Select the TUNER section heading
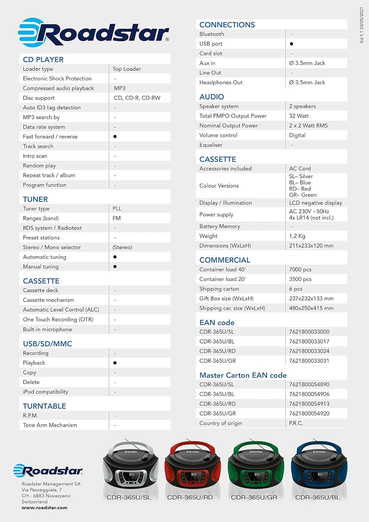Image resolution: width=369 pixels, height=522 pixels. tap(35, 199)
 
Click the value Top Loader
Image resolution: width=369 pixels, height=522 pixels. tap(127, 69)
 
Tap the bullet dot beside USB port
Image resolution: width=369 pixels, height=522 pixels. tap(291, 44)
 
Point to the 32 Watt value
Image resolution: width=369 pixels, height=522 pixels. tap(299, 116)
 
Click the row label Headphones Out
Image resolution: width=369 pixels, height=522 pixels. tap(221, 82)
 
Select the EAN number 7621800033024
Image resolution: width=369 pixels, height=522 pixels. tap(309, 351)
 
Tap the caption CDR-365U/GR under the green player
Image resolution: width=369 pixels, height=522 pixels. tap(254, 497)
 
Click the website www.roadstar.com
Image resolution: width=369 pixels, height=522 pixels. tap(45, 508)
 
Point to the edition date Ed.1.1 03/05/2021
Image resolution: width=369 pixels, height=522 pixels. tap(361, 25)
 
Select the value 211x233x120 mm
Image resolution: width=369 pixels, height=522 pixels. tap(311, 246)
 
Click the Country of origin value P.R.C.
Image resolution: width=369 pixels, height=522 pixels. tap(296, 423)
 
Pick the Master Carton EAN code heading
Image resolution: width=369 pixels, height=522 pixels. tap(243, 375)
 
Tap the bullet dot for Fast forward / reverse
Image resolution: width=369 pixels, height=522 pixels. tap(115, 137)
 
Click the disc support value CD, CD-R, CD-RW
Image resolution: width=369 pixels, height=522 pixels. tap(137, 98)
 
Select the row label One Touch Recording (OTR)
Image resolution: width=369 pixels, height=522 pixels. tap(58, 319)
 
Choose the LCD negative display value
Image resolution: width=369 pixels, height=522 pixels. tap(315, 203)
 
